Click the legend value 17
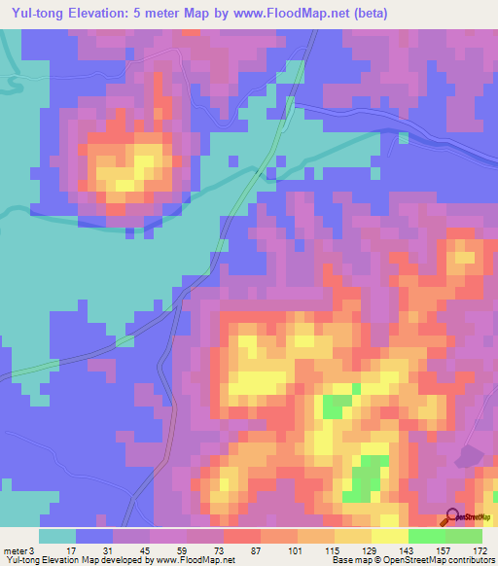point(70,550)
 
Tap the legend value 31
point(106,550)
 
